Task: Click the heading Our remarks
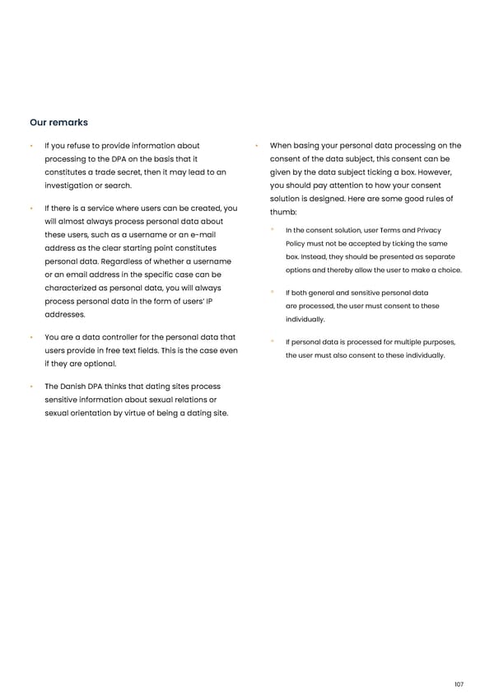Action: [58, 123]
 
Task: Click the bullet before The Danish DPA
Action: [30, 387]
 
